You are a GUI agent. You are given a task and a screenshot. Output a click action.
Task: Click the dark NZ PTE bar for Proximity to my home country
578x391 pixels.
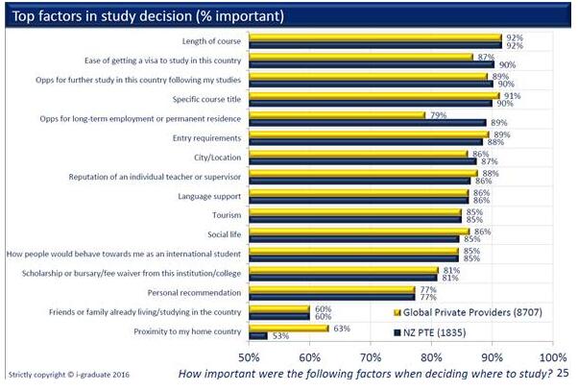[257, 335]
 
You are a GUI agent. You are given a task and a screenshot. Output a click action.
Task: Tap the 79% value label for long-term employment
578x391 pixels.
[438, 115]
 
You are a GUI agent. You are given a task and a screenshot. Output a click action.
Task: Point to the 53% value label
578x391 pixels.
[281, 337]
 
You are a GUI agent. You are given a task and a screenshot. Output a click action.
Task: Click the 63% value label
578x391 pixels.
[341, 328]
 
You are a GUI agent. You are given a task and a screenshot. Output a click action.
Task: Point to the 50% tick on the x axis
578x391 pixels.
[249, 357]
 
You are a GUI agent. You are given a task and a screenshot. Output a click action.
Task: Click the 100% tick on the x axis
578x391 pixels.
[552, 357]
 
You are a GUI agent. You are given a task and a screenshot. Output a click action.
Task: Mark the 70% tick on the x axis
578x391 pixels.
[370, 357]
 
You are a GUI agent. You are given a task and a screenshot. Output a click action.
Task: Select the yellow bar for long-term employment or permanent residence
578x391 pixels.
[336, 115]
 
